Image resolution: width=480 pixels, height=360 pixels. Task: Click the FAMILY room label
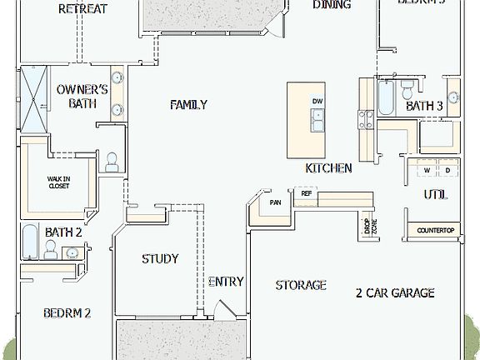[x=188, y=105]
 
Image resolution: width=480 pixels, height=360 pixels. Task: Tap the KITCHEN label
[x=328, y=168]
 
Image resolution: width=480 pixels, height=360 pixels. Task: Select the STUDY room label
[x=160, y=259]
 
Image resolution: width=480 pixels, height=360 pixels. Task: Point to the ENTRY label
[x=226, y=282]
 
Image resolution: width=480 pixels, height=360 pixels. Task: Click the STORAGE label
[x=301, y=286]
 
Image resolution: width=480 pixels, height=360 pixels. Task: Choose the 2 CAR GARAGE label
[x=395, y=293]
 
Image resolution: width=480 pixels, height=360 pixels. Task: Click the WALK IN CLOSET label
[x=58, y=182]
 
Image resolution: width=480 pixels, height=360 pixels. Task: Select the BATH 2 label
[x=63, y=232]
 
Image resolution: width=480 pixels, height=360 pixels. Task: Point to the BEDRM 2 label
[x=67, y=313]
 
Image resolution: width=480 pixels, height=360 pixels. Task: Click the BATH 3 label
[x=424, y=107]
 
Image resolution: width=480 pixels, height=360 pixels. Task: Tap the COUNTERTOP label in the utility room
[x=435, y=230]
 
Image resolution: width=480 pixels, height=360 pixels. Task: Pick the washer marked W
[x=427, y=171]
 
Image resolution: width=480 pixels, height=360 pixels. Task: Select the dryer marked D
[x=447, y=171]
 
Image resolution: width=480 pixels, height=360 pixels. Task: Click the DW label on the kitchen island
[x=317, y=102]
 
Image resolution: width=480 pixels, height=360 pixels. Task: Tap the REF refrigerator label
[x=306, y=193]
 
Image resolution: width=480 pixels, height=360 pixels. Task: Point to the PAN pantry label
[x=275, y=202]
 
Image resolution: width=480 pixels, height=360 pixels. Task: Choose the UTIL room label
[x=435, y=195]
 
